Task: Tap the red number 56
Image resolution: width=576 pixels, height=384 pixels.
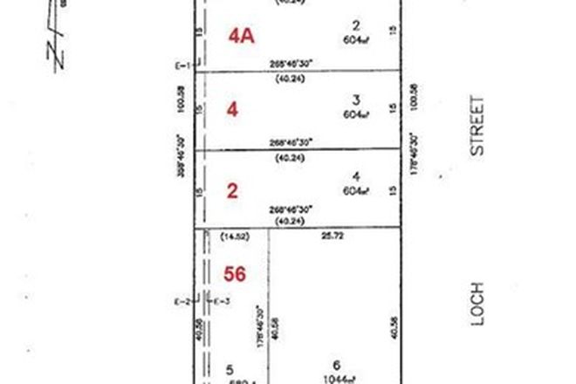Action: pyautogui.click(x=234, y=274)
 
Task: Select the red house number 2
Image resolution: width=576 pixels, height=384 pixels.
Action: pyautogui.click(x=232, y=191)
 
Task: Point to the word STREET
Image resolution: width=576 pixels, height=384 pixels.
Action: pyautogui.click(x=477, y=127)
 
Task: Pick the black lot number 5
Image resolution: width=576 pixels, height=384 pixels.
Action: pyautogui.click(x=230, y=369)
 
